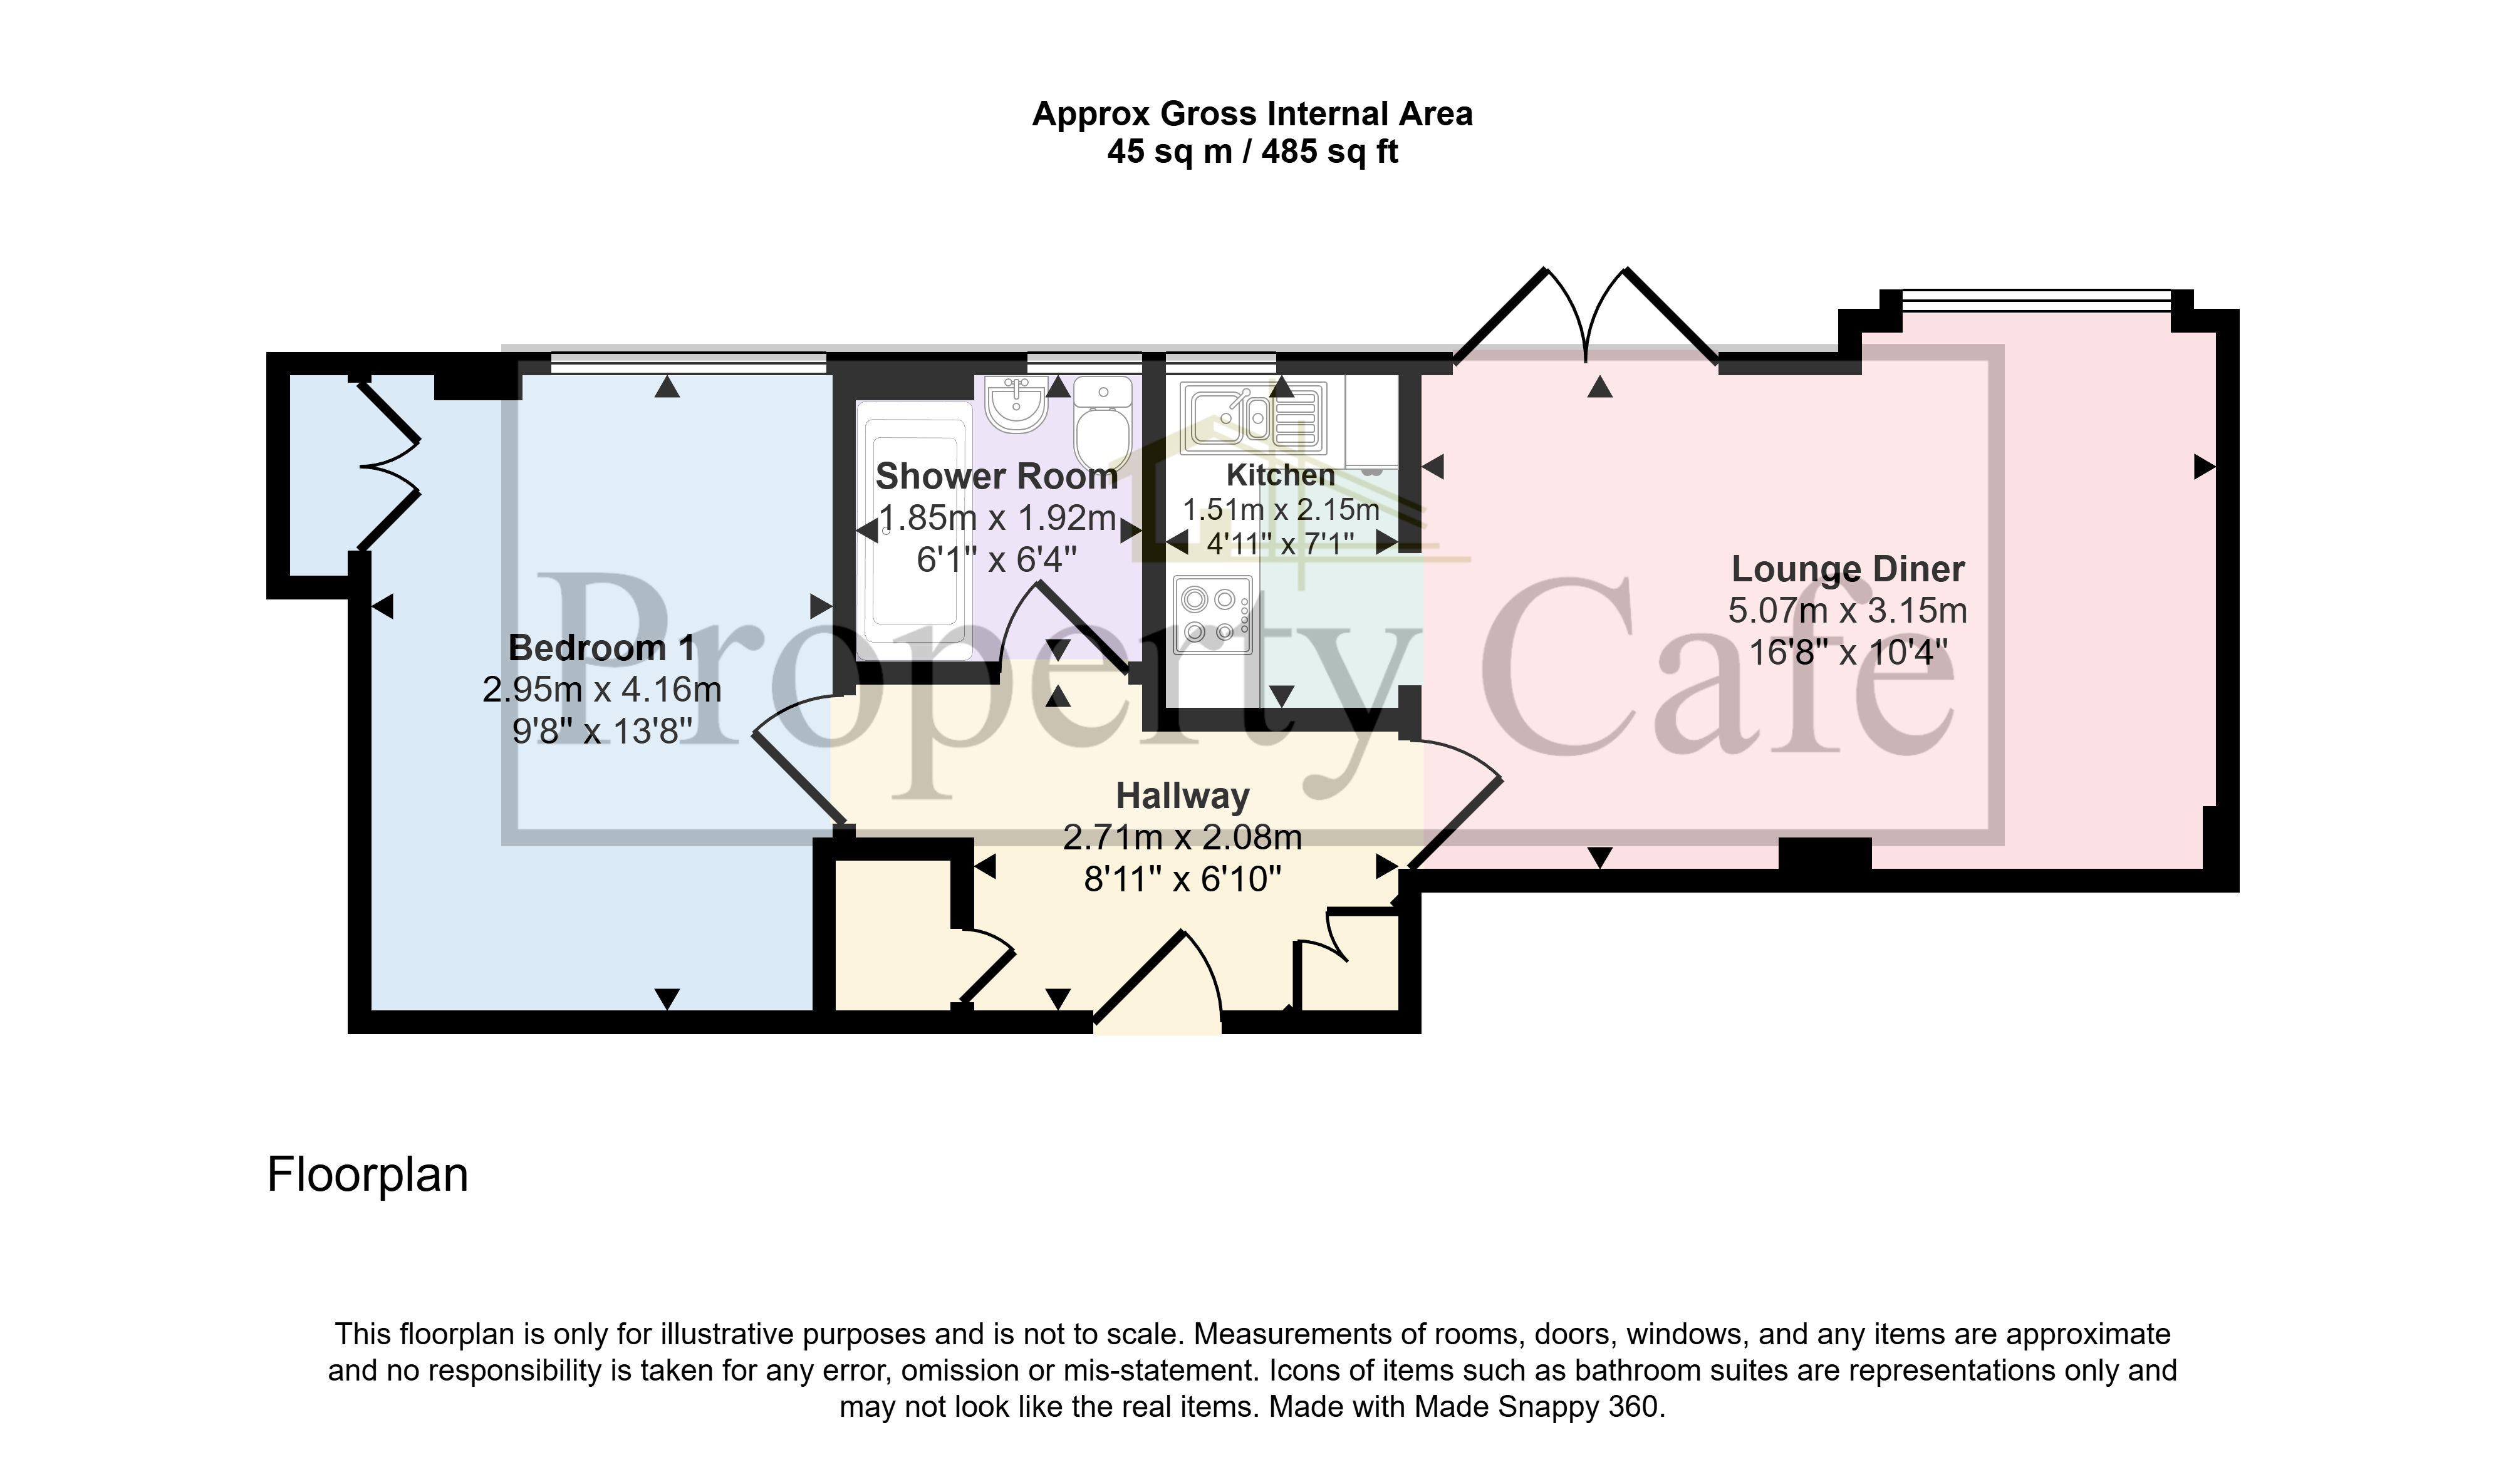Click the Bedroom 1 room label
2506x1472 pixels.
coord(601,648)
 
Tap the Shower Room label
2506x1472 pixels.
coord(996,477)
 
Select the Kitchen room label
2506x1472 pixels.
coord(1281,475)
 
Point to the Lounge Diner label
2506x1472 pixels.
coord(1848,569)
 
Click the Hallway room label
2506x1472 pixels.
coord(1182,796)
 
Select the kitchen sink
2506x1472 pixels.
coord(1253,417)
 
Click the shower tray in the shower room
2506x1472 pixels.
coord(915,531)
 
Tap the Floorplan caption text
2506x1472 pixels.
coord(368,1174)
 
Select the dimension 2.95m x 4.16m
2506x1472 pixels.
coord(601,689)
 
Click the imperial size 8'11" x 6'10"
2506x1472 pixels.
coord(1182,879)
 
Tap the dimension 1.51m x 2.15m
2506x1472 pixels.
coord(1281,511)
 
